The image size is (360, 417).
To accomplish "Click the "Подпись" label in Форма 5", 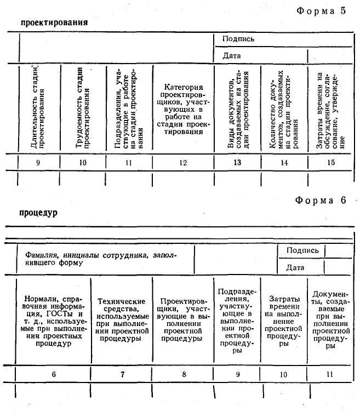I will tap(238, 39).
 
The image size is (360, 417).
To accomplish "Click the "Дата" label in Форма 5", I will tap(231, 55).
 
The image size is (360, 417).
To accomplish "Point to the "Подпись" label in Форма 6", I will tap(302, 250).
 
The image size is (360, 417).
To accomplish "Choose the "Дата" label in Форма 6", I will tap(295, 267).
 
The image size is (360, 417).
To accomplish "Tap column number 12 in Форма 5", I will tap(183, 162).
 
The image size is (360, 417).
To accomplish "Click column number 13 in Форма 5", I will tap(237, 162).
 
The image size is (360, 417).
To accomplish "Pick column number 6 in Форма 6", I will tap(53, 374).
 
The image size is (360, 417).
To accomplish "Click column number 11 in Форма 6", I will tap(329, 374).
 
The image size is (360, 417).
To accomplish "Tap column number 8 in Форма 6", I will tap(183, 374).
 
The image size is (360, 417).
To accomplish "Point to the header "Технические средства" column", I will tap(121, 319).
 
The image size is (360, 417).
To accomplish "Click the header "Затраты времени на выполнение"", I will tap(283, 321).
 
